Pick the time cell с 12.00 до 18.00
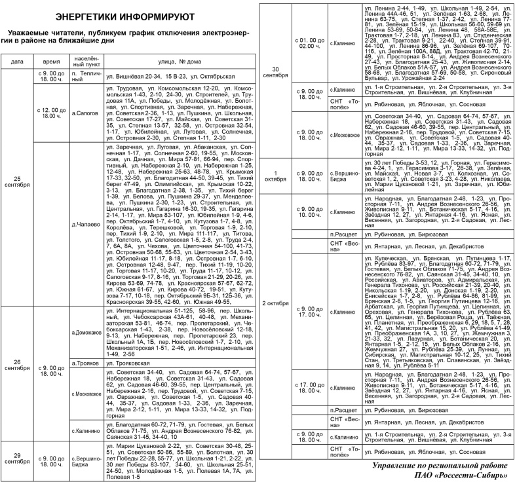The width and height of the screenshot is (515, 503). [50, 113]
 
